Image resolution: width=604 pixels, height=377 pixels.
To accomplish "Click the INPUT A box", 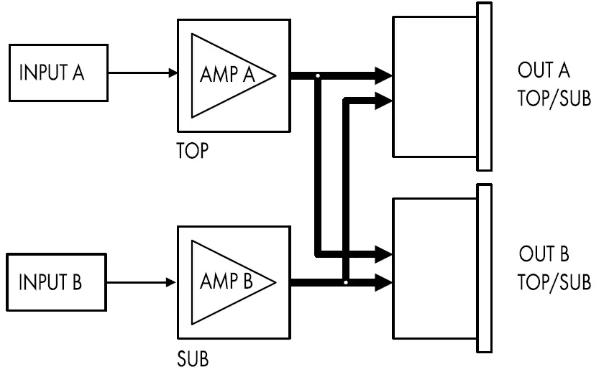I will pyautogui.click(x=58, y=73).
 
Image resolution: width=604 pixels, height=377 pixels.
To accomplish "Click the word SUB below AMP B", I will pyautogui.click(x=192, y=358).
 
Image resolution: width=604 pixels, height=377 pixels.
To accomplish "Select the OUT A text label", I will pyautogui.click(x=544, y=71).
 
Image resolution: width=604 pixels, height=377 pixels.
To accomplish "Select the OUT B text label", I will pyautogui.click(x=544, y=255).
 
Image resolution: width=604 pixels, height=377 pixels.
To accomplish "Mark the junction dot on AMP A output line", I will pyautogui.click(x=317, y=75).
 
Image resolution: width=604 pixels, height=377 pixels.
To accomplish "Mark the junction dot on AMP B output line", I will pyautogui.click(x=346, y=282).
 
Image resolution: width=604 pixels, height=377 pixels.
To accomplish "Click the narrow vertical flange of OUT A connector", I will pyautogui.click(x=485, y=86).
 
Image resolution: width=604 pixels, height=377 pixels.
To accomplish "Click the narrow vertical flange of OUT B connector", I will pyautogui.click(x=485, y=269).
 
